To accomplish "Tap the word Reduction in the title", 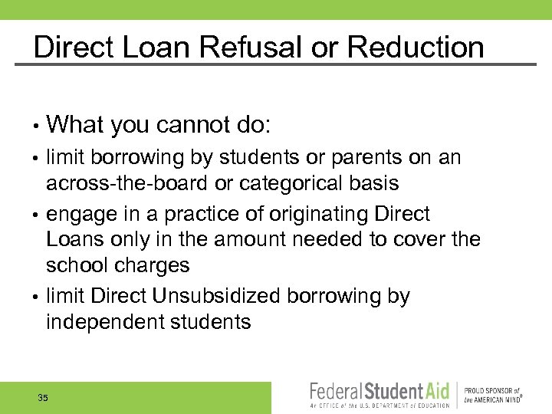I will (x=416, y=48).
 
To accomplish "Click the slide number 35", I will (x=43, y=398).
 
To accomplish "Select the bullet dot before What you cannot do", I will (x=37, y=126).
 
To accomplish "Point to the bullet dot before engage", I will (x=37, y=215).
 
